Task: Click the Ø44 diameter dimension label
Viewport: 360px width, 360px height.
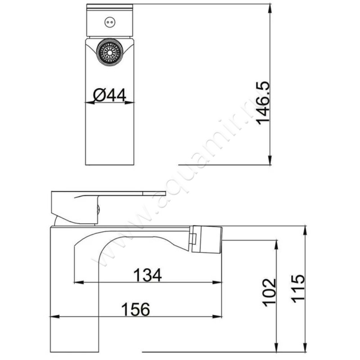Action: click(110, 95)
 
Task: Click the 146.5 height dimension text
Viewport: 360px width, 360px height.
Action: click(263, 103)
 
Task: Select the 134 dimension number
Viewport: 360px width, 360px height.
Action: click(148, 275)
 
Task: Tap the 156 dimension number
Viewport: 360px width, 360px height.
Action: click(135, 309)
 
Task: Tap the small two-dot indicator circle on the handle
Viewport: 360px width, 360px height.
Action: click(110, 22)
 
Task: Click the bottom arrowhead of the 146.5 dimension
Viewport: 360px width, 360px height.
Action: click(270, 160)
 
